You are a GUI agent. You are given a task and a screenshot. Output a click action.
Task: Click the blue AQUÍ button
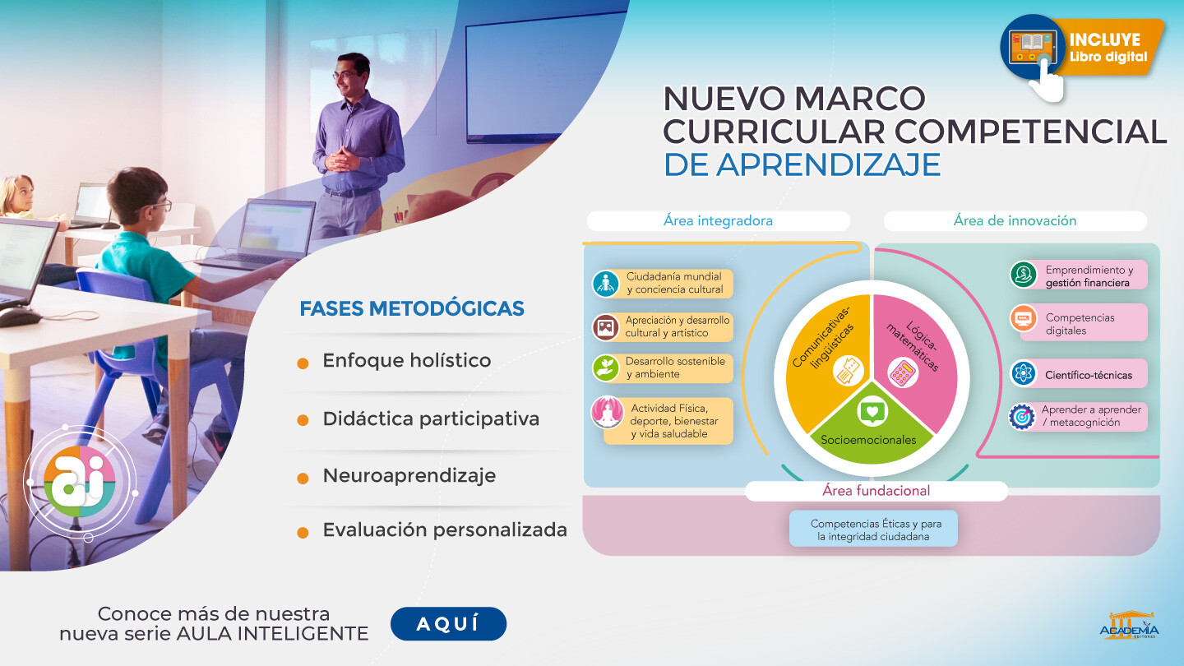tap(448, 624)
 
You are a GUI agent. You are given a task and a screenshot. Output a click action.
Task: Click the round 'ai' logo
tap(80, 481)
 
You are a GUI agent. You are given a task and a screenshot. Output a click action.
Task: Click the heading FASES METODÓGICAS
tap(412, 308)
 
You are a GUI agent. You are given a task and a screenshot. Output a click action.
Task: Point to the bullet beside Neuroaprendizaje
tap(303, 479)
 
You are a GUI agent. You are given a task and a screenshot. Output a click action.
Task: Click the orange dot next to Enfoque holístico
tap(303, 363)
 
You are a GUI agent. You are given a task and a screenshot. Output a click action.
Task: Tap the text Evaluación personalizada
tap(445, 530)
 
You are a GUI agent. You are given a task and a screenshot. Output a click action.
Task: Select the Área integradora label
tap(719, 221)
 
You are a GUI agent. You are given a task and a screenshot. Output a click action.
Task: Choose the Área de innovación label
tap(1015, 221)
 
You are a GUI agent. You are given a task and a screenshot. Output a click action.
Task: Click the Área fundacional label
tap(876, 491)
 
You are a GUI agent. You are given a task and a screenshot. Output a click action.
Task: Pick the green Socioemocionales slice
tap(872, 428)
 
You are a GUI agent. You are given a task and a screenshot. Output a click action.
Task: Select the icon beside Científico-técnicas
tap(1024, 373)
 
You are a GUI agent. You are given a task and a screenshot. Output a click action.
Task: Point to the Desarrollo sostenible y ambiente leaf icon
tap(606, 368)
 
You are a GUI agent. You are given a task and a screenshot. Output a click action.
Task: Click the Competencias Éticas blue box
tap(873, 529)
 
